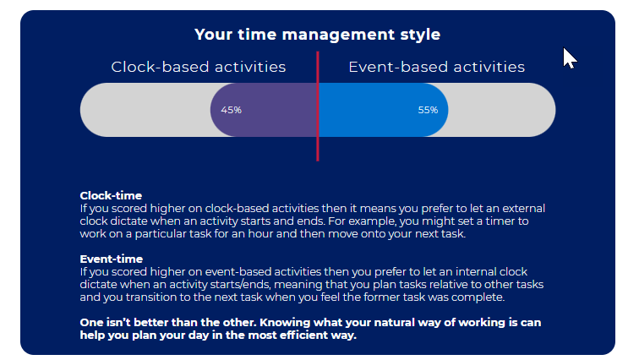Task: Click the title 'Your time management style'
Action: point(318,35)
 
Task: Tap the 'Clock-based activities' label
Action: point(199,67)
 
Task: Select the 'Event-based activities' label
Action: point(436,67)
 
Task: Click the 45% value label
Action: point(231,110)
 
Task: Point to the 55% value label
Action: point(428,110)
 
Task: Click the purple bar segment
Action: point(264,110)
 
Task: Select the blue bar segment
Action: point(383,110)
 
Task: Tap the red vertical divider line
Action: point(318,106)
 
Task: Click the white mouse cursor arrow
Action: point(569,58)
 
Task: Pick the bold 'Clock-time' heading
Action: point(111,195)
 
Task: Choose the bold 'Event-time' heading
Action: point(112,259)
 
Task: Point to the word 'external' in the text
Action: point(523,209)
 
